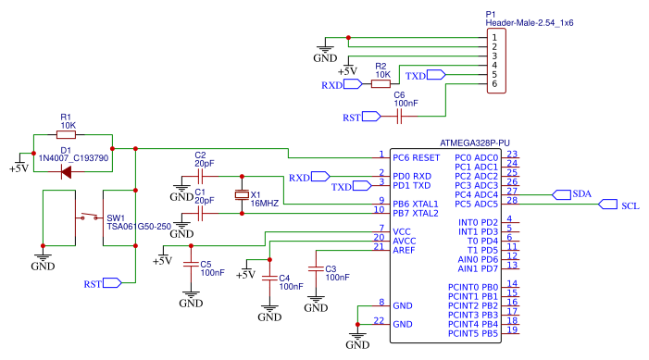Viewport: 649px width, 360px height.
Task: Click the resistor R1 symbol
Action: (67, 135)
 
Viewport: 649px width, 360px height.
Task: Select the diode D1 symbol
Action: (67, 170)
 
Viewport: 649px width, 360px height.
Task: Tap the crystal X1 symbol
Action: (243, 195)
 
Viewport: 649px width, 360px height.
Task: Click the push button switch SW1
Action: (90, 218)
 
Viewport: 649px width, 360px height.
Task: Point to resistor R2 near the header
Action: (381, 84)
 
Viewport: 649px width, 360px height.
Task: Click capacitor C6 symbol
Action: (399, 117)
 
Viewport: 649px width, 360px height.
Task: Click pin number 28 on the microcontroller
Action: (511, 200)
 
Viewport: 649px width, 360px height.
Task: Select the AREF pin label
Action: (404, 250)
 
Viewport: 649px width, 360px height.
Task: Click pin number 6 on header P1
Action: (494, 84)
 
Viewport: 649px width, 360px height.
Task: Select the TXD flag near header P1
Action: (418, 76)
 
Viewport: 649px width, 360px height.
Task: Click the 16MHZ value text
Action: (264, 204)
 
